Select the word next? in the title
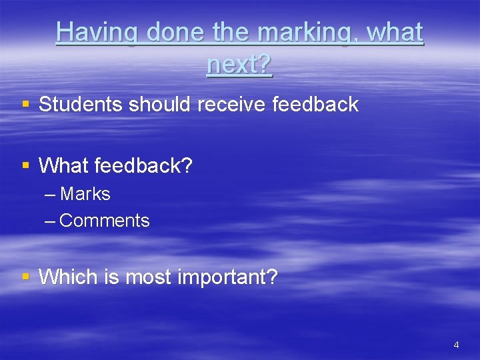coord(239,65)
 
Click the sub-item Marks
coord(85,194)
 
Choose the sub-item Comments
coord(105,221)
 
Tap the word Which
coord(70,277)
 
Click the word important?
coord(227,277)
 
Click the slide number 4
coord(456,345)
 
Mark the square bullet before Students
coord(25,104)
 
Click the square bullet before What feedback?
coord(25,165)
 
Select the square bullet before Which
coord(25,276)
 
